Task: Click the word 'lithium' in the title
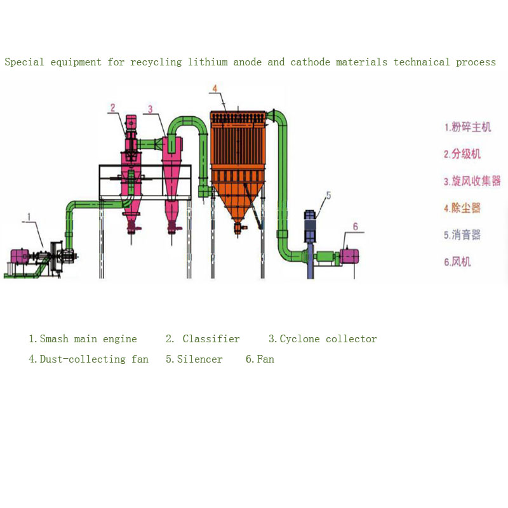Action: [x=208, y=62]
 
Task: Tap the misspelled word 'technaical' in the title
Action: [x=422, y=62]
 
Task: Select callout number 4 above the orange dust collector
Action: [x=215, y=88]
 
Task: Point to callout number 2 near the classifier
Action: [x=113, y=107]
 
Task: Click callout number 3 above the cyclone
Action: [x=150, y=109]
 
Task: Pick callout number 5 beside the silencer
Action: [x=328, y=196]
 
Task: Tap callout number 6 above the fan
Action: [x=356, y=227]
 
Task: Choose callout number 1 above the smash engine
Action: [x=29, y=217]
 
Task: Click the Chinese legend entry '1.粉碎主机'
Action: [x=467, y=127]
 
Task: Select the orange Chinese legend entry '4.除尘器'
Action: [x=462, y=208]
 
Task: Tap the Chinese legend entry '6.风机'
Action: [x=457, y=262]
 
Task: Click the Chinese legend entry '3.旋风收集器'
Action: [x=472, y=181]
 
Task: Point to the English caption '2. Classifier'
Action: [x=203, y=339]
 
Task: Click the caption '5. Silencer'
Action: [x=194, y=359]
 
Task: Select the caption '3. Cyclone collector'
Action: [x=323, y=339]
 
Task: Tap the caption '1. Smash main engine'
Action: [x=83, y=339]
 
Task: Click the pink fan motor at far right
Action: [x=349, y=257]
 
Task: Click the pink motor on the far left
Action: [x=20, y=257]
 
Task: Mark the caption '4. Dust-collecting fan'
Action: [x=88, y=359]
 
